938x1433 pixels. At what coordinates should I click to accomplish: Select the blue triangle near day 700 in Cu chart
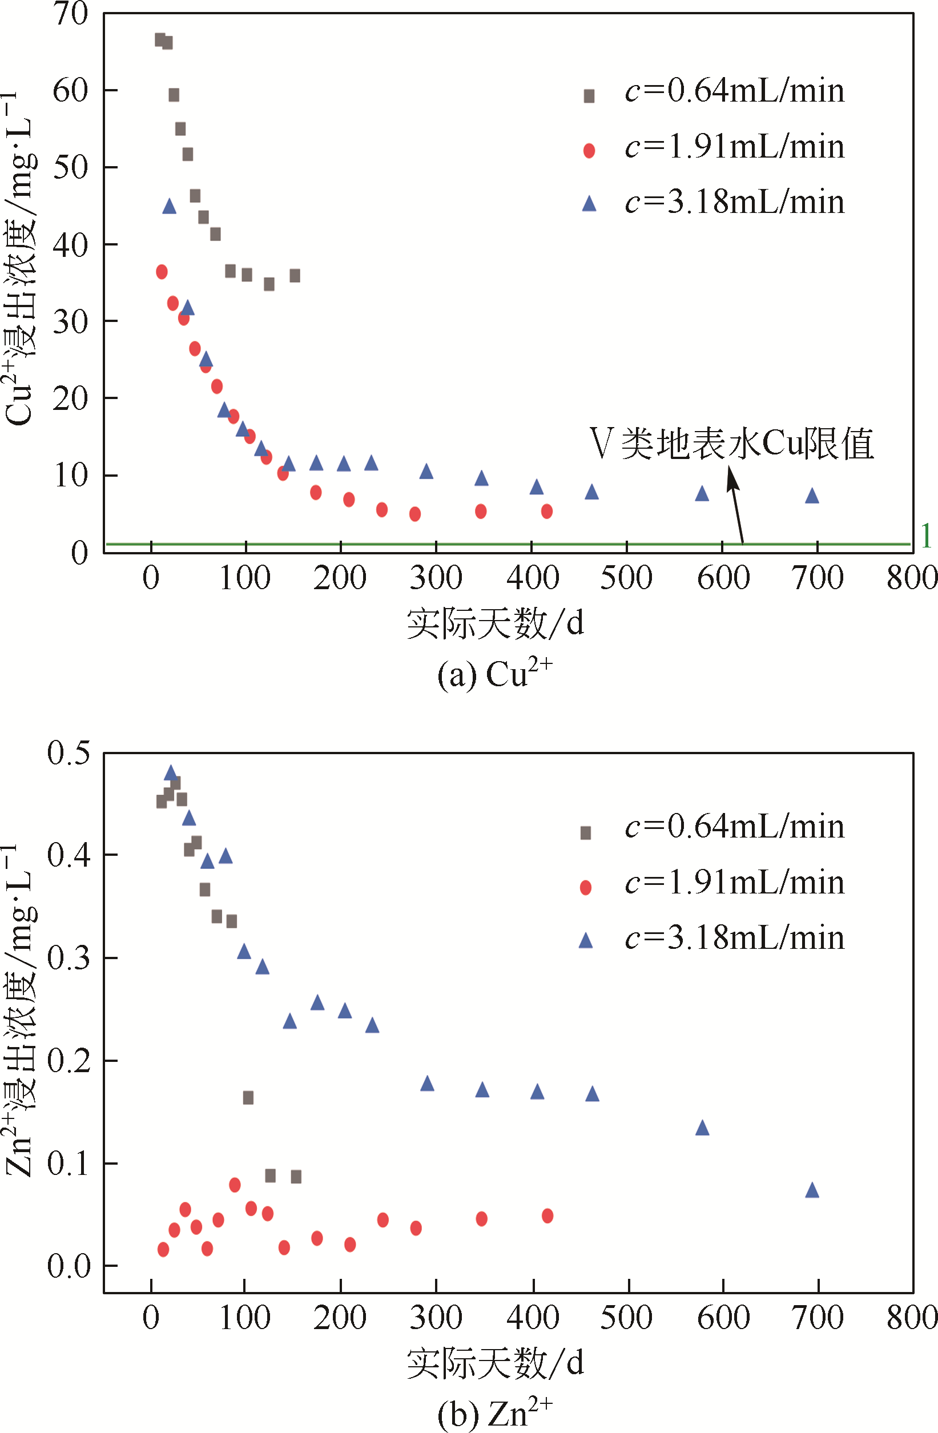[812, 496]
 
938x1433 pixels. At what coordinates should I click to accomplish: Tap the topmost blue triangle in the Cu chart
[169, 207]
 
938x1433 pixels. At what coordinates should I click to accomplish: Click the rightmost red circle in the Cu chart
[547, 511]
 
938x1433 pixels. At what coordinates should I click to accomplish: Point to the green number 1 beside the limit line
[926, 536]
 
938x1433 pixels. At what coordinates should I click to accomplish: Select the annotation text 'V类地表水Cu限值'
[731, 444]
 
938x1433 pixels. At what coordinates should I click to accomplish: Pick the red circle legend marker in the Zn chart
[585, 888]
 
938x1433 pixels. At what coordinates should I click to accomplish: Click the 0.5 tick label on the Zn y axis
[69, 753]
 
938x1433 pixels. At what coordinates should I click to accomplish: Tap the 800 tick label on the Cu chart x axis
[912, 578]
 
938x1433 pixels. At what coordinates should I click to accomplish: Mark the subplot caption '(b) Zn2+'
[494, 1412]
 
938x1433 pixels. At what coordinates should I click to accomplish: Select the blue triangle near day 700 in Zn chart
[812, 1190]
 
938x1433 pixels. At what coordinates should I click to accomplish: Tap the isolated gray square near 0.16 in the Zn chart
[248, 1098]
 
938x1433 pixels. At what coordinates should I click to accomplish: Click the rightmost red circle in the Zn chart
[547, 1215]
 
